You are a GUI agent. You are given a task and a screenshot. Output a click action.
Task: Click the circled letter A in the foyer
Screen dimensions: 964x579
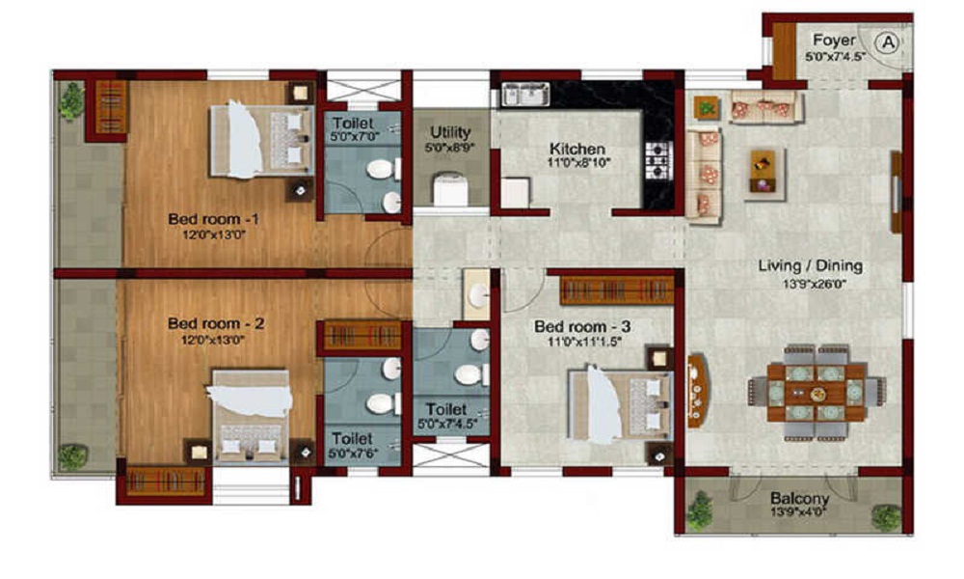point(889,42)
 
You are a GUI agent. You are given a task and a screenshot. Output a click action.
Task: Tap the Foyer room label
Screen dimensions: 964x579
point(834,41)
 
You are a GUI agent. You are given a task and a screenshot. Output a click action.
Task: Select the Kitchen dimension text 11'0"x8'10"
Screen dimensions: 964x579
point(577,163)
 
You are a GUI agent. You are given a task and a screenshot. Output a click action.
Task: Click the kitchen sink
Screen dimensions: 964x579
point(525,95)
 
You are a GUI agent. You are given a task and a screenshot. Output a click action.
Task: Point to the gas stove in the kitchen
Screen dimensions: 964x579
point(657,160)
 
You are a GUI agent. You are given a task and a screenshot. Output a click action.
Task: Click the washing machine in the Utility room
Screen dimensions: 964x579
point(450,189)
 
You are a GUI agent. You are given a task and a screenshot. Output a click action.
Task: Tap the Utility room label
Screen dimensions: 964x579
point(450,132)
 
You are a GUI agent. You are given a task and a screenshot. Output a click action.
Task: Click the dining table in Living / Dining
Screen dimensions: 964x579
point(817,392)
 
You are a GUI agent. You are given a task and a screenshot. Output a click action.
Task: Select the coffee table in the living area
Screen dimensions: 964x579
point(763,171)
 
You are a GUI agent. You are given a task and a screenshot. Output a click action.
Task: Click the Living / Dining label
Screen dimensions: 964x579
point(810,265)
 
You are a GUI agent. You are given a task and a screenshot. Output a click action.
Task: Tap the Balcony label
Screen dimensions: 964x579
point(800,498)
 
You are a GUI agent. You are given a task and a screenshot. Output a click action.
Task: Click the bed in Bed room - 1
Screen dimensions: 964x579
point(261,140)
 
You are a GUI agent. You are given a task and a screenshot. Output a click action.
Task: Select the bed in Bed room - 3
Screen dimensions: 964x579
point(619,403)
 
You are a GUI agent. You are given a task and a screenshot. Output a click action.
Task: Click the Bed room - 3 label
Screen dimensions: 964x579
point(582,327)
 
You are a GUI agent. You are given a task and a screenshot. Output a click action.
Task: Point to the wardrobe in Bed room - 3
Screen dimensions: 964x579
point(617,290)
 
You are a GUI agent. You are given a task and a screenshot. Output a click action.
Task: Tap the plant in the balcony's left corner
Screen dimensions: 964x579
point(700,510)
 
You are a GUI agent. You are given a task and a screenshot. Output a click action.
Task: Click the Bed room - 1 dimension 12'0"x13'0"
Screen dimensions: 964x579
point(214,234)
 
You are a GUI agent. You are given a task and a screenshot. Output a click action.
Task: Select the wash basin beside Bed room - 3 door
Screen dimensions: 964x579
point(476,295)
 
